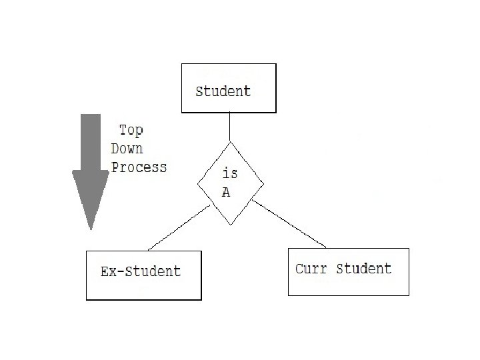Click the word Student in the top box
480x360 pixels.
223,91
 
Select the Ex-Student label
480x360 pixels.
141,271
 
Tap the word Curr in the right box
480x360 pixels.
311,269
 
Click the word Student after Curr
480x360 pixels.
364,269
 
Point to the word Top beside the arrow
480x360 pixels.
131,130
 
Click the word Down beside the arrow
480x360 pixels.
127,148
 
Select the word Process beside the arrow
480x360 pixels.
139,167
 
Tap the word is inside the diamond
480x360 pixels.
229,173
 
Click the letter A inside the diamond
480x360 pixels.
226,193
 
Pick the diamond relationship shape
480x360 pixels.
231,183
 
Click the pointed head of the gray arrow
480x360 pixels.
91,200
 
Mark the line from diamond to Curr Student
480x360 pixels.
290,223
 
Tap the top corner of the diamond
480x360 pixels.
231,143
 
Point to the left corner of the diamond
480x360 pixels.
197,184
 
